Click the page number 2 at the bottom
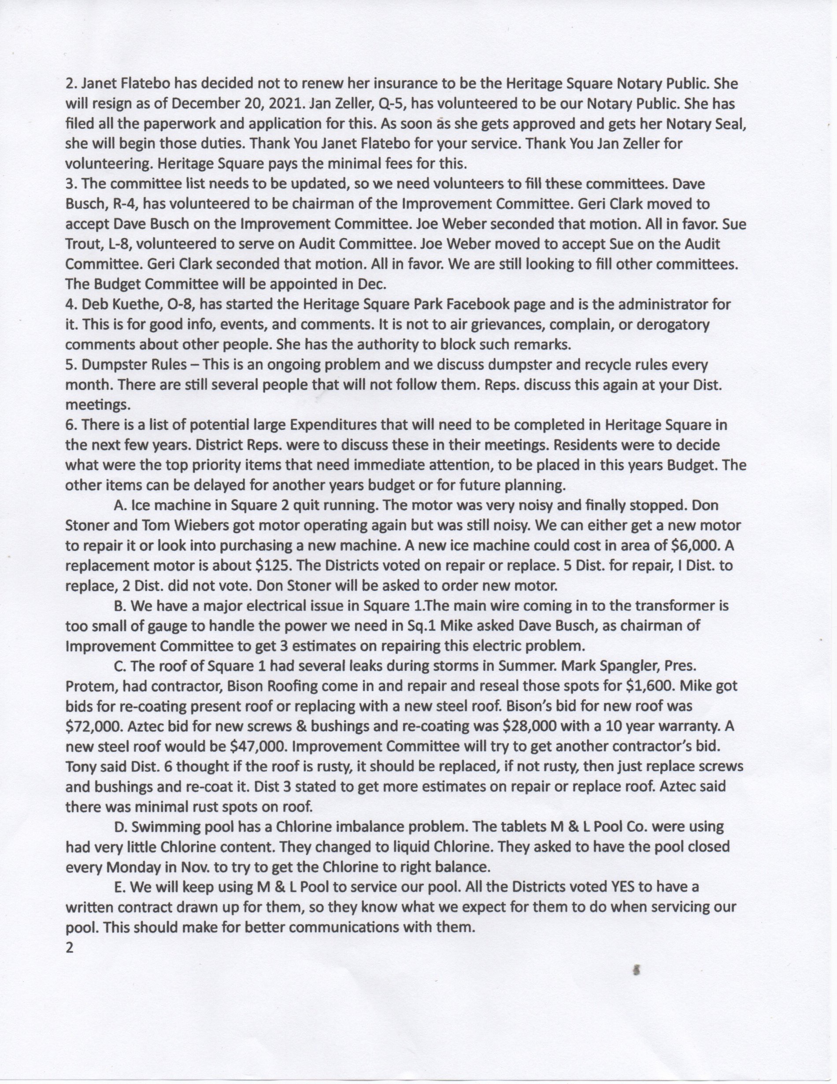tap(70, 947)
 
